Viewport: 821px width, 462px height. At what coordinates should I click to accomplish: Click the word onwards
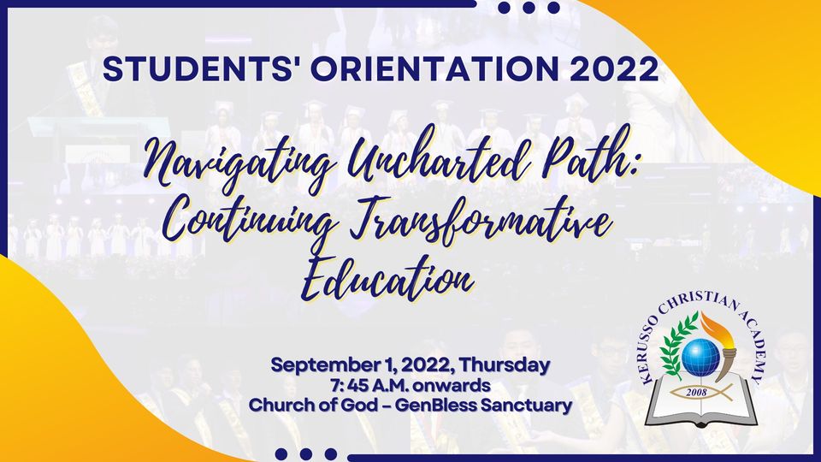pyautogui.click(x=451, y=386)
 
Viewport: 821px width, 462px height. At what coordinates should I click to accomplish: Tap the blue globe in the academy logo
pyautogui.click(x=700, y=358)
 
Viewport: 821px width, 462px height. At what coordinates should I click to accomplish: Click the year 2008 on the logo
pyautogui.click(x=696, y=393)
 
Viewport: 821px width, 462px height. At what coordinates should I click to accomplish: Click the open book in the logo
pyautogui.click(x=701, y=400)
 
